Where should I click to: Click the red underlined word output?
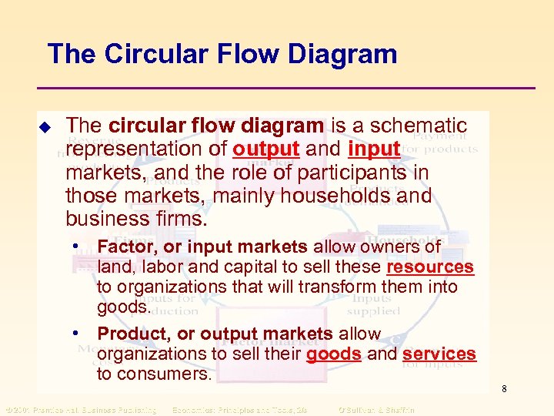coord(265,148)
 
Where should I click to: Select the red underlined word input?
coord(374,148)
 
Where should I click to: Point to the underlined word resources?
coord(429,267)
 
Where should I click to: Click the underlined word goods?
coord(334,354)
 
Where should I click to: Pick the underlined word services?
coord(439,354)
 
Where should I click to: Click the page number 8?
coord(504,389)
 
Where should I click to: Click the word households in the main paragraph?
coord(335,196)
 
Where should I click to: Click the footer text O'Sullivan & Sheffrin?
coord(375,410)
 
